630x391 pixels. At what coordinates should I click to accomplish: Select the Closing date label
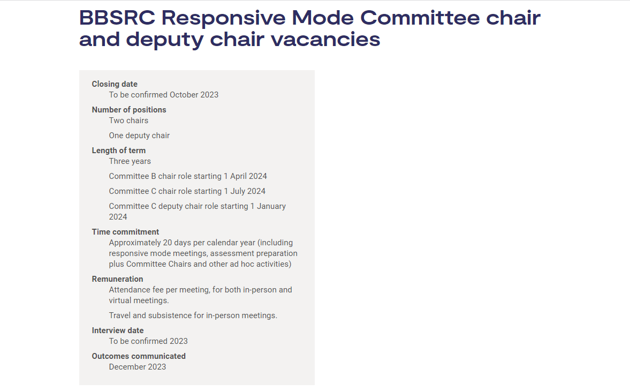115,84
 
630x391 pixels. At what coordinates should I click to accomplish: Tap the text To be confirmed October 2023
164,95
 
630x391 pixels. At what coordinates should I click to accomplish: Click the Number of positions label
129,110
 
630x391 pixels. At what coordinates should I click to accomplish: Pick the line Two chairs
128,121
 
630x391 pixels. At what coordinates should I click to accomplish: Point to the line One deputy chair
139,136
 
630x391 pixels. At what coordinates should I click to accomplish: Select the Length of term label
119,151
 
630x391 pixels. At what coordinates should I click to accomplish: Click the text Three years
130,161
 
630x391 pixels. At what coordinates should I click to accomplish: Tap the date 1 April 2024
245,176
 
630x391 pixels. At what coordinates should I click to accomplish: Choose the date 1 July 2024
245,191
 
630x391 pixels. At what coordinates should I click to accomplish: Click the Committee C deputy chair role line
197,206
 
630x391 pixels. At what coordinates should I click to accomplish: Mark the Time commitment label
125,232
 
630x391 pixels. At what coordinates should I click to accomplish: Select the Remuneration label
117,279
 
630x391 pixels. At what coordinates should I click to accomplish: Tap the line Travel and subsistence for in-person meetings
193,315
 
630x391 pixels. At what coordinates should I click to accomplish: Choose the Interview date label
118,330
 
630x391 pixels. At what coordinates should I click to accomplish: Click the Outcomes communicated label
139,356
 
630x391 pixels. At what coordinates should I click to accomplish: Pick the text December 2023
138,367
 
